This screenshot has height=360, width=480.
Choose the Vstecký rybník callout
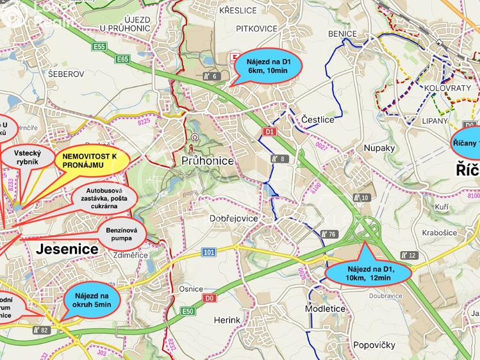click(26, 158)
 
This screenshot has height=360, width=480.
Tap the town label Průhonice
click(207, 161)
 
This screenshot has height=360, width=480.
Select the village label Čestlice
click(317, 120)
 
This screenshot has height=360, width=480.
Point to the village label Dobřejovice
click(234, 218)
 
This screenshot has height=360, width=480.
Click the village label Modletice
click(324, 309)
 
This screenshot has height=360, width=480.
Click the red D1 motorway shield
click(270, 132)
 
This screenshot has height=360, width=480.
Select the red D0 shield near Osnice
click(209, 299)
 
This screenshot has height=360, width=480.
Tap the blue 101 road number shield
click(208, 252)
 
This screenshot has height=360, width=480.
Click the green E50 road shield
click(187, 311)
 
